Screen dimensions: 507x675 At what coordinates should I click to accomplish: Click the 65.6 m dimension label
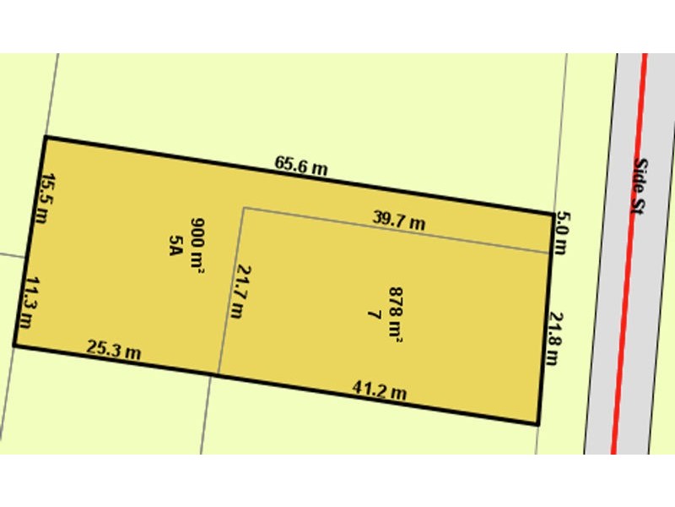pos(300,166)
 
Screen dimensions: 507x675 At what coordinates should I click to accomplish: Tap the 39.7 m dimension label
pos(398,221)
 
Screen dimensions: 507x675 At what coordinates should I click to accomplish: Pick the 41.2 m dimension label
pos(380,390)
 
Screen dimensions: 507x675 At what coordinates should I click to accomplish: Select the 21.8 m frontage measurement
pos(554,338)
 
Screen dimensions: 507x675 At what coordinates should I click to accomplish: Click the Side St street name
pos(643,188)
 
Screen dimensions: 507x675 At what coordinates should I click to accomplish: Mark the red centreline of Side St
pos(629,253)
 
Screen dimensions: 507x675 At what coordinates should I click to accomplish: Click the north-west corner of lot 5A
pos(45,137)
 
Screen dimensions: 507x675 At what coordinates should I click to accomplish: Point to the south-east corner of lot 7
pos(537,424)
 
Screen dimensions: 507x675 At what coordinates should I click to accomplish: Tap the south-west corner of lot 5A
pos(14,345)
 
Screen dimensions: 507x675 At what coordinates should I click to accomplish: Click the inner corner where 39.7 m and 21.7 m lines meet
pos(244,208)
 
